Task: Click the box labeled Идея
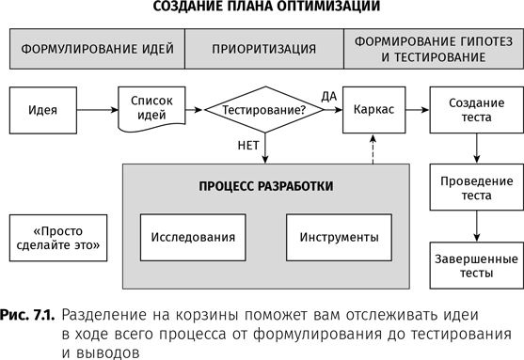click(x=43, y=109)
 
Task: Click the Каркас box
click(x=373, y=109)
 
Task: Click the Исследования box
click(x=195, y=237)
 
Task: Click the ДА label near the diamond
click(x=328, y=96)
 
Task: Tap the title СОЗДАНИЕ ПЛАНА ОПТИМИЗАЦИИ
click(x=262, y=9)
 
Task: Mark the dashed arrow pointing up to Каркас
click(x=373, y=148)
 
